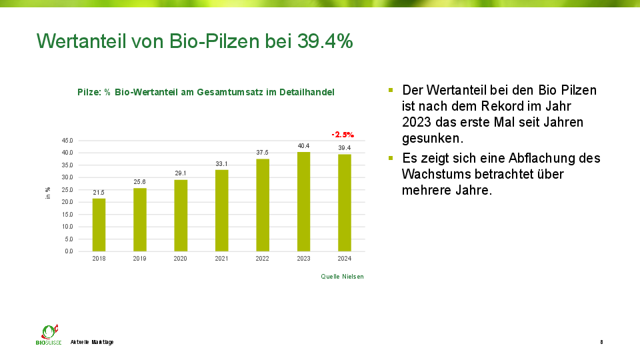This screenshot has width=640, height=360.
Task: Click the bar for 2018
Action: pos(99,225)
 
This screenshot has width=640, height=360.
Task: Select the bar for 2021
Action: pos(221,211)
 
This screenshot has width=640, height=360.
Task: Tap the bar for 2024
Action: pos(345,203)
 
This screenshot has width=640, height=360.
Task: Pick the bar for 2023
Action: pos(303,201)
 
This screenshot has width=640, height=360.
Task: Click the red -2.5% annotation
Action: pos(343,135)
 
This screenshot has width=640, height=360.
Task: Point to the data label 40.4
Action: pos(303,145)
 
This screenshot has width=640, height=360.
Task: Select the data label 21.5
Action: pos(99,192)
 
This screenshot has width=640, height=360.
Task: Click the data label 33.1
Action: pos(221,163)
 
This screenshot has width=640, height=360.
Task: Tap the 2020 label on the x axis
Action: pos(181,259)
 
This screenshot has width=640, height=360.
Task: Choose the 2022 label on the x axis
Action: pos(263,259)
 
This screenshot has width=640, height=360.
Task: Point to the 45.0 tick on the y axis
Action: pos(67,141)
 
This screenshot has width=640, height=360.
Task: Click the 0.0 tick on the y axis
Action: pos(69,251)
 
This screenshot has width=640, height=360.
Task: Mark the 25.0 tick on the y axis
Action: pos(67,190)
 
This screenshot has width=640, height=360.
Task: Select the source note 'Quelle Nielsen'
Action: pos(343,276)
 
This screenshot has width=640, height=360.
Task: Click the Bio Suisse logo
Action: pos(48,334)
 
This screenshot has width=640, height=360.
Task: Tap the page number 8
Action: pos(601,342)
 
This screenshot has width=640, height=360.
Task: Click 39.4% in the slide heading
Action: pos(325,41)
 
